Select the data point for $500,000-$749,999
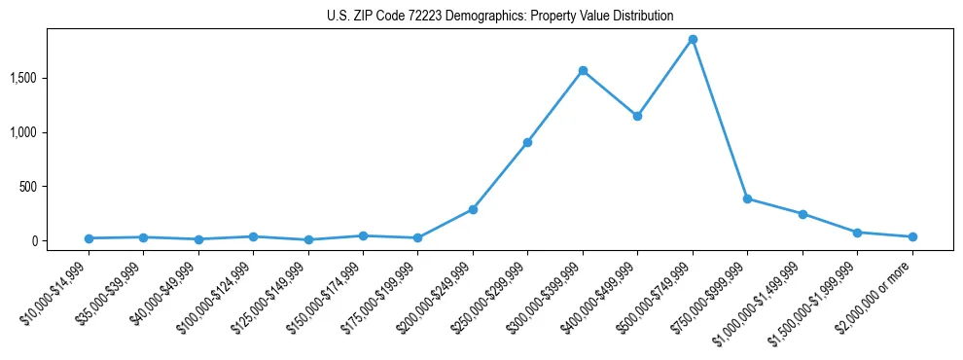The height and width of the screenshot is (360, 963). coord(693,40)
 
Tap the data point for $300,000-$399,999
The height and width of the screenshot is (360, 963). coord(583,70)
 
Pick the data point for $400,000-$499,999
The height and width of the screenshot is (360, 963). coord(637,116)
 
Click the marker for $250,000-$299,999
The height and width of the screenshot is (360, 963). coord(527,142)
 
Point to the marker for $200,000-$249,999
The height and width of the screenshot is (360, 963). coord(473,209)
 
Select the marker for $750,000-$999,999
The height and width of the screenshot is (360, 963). coord(747,198)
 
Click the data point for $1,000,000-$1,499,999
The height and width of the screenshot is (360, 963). coord(802,214)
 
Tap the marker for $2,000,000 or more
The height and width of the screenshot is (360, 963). coord(912,236)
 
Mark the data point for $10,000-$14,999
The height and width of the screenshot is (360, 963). coord(89,238)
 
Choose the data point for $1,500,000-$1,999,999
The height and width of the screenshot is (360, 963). coord(857,233)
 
